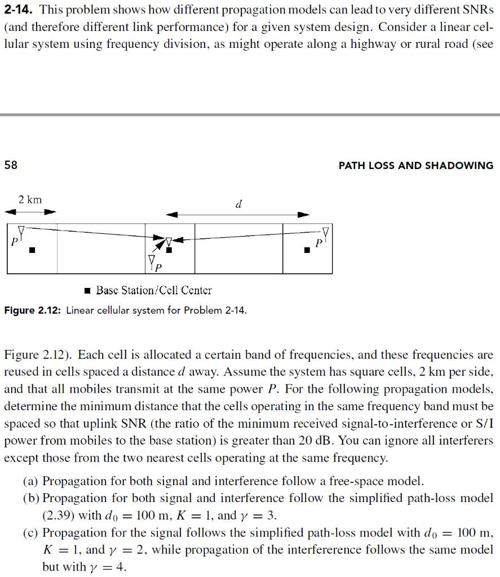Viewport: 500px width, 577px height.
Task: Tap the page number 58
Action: [x=11, y=165]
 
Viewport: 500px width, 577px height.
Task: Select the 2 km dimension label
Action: [x=30, y=199]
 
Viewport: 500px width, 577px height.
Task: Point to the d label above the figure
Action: [x=238, y=205]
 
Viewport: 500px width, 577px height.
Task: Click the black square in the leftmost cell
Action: [x=33, y=249]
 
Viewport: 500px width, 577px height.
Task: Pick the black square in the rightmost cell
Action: [x=307, y=249]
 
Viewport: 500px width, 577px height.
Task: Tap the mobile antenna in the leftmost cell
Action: [x=21, y=230]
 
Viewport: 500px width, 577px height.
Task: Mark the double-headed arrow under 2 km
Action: [x=31, y=212]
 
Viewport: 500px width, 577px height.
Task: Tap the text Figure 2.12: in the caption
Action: [x=33, y=310]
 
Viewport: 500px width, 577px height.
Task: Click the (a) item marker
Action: [x=31, y=481]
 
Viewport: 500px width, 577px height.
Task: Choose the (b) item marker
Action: [x=31, y=498]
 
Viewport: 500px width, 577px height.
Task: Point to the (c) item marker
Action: [x=31, y=532]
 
